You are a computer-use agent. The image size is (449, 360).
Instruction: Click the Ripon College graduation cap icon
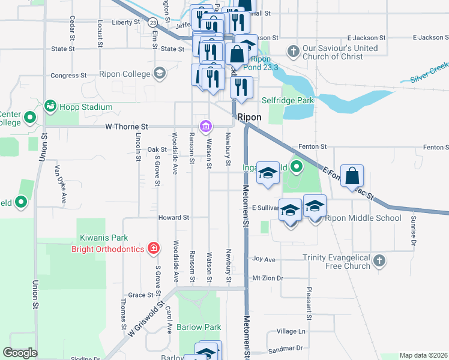[x=159, y=73]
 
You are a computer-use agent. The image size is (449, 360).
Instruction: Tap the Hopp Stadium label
[x=85, y=107]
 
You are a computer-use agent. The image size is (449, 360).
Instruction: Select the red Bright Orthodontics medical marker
[x=154, y=248]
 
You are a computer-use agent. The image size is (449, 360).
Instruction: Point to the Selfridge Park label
[x=292, y=101]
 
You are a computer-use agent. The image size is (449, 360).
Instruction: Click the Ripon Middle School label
[x=363, y=218]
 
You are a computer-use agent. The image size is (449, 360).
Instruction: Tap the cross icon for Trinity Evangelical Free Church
[x=378, y=261]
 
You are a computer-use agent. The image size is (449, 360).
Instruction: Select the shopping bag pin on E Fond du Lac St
[x=352, y=176]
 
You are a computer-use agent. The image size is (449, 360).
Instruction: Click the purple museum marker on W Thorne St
[x=205, y=126]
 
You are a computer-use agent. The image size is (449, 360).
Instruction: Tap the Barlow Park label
[x=199, y=328]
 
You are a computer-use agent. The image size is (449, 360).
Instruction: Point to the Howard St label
[x=173, y=217]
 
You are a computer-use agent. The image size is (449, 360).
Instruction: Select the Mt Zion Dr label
[x=267, y=278]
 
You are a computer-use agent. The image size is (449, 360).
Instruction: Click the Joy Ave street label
[x=264, y=260]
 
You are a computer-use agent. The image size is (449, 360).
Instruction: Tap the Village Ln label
[x=291, y=331]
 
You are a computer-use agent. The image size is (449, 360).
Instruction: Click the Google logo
[x=20, y=353]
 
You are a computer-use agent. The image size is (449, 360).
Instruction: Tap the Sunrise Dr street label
[x=413, y=231]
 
